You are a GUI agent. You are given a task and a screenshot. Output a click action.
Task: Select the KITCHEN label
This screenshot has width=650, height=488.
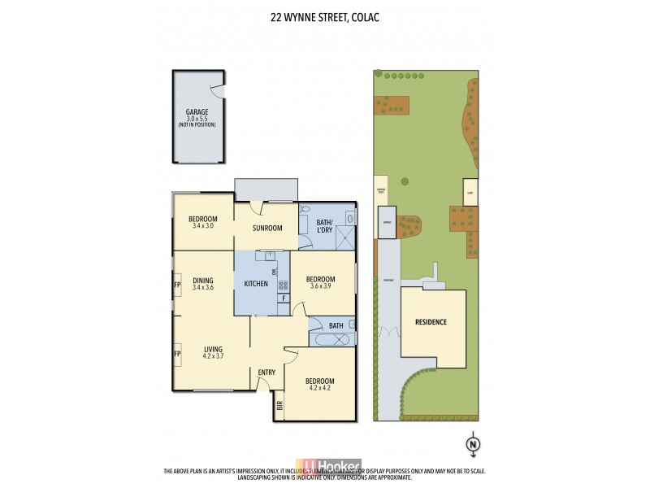(x=256, y=283)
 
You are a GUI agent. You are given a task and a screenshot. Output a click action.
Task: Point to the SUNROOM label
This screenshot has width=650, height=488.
(x=266, y=229)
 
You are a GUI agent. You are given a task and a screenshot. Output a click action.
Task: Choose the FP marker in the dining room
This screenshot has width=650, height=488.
(x=176, y=285)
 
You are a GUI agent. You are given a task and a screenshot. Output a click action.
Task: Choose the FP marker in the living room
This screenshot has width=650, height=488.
(x=176, y=354)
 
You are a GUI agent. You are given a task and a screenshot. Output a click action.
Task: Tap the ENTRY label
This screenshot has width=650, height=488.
(x=266, y=373)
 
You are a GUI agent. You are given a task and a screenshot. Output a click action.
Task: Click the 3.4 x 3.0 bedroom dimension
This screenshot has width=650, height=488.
(x=202, y=225)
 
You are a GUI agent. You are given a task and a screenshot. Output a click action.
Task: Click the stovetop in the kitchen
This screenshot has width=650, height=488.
(x=284, y=285)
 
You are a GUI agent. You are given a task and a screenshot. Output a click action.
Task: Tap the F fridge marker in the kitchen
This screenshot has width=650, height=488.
(x=283, y=298)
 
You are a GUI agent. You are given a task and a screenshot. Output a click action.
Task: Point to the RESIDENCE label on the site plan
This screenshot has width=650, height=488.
(x=431, y=322)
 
